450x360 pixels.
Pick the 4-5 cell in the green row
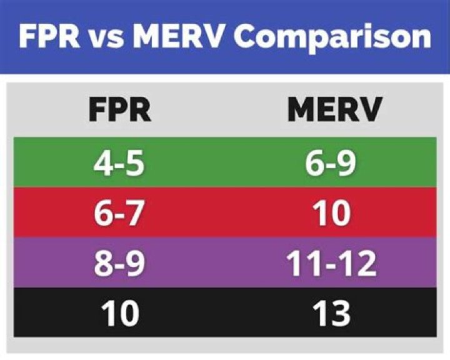click(119, 164)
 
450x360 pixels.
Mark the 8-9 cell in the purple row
click(119, 264)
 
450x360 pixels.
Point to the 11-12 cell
click(332, 264)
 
